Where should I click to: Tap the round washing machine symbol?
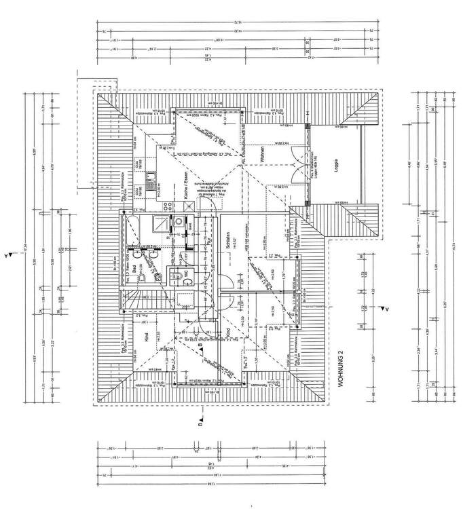(x=179, y=221)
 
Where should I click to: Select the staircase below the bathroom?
(x=135, y=299)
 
